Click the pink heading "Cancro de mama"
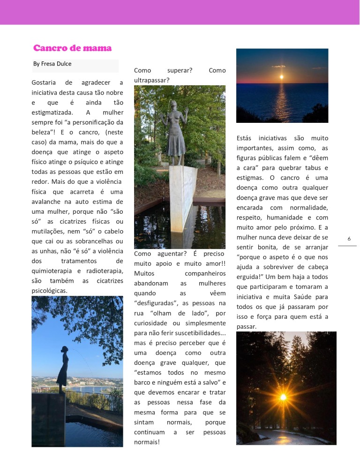(72, 48)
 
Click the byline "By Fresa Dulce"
(52, 64)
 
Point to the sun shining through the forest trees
(283, 397)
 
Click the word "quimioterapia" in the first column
(52, 271)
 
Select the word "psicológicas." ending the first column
(50, 291)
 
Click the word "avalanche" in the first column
(47, 202)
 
